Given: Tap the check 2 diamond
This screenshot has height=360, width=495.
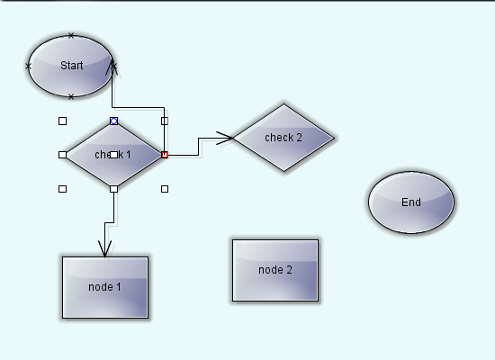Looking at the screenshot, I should point(283,138).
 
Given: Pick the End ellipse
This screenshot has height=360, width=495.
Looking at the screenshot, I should point(411,202).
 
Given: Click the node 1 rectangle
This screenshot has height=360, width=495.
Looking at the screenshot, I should point(105,287).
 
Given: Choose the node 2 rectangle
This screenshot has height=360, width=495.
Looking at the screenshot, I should point(275,270).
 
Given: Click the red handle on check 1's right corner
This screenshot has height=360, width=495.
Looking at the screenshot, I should point(165,155).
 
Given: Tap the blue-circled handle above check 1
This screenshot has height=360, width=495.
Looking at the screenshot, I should point(113,121).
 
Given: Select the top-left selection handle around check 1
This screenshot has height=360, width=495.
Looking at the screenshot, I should point(63,121).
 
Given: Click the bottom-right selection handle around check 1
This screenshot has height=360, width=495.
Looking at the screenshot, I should point(165,189).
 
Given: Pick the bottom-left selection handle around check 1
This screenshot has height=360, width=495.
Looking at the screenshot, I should point(63,189).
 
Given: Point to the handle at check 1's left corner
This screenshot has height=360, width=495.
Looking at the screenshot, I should point(63,155).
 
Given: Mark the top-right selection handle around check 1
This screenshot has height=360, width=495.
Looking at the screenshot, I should point(165,121).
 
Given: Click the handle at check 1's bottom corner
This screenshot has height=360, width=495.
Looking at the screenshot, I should point(113,189).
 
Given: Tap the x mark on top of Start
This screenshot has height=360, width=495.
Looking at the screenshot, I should point(71,36).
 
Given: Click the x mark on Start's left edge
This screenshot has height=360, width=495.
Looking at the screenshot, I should point(28,66).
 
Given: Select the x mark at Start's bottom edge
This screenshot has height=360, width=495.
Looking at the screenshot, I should point(71,95).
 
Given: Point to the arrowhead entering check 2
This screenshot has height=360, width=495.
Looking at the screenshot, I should point(225,138).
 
